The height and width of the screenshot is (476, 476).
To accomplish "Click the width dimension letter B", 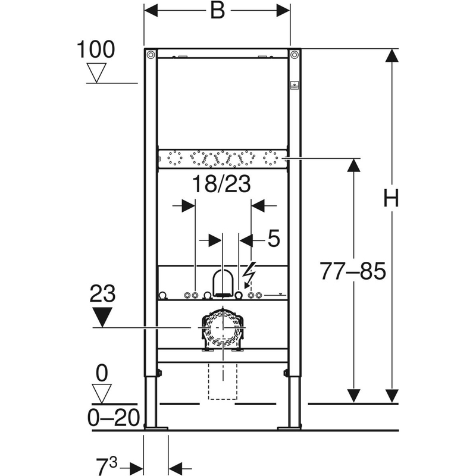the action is point(218,11).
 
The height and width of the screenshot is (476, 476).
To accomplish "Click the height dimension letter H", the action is point(391,198).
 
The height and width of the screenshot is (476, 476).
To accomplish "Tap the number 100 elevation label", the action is point(96,49).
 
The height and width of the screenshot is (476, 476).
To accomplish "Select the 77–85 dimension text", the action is point(353,271).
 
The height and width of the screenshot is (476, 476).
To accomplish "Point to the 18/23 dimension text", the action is point(221,184).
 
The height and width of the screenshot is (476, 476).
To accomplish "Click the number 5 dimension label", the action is point(274,239).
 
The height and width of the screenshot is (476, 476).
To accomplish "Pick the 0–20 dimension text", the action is point(114,418).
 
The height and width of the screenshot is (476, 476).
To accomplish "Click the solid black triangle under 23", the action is point(102,317).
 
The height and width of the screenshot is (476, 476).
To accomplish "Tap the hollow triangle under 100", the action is point(96,73).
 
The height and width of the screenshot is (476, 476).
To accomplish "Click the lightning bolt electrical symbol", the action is point(249,273).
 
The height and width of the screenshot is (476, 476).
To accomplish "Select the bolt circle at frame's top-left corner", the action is point(151,55).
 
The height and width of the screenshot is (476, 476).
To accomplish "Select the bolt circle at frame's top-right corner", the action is point(294,55).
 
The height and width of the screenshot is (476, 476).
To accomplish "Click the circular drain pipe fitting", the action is point(223,330).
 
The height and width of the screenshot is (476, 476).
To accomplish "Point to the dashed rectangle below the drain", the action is point(223,381).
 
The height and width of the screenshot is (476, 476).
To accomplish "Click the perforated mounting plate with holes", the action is point(223,159).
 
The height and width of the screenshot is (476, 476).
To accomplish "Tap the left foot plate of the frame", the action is point(156,428).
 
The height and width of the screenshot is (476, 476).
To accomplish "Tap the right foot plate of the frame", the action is point(289,428).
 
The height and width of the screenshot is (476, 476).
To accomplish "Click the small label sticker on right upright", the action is point(295,85).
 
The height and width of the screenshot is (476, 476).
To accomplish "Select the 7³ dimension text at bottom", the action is point(107,465).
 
